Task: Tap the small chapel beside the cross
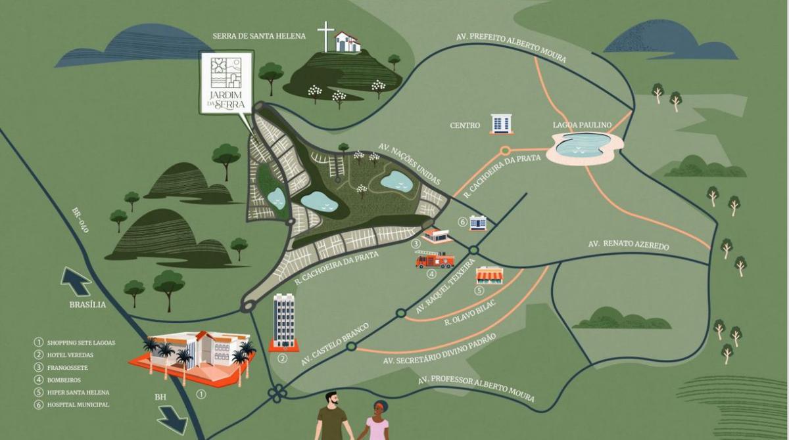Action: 347,42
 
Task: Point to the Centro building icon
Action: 500,123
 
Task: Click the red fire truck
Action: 435,260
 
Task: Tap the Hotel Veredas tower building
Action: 284,322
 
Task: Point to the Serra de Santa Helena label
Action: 259,36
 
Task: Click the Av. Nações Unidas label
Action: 409,164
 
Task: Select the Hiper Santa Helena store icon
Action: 489,275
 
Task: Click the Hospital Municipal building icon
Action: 477,223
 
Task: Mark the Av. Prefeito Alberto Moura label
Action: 511,47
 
